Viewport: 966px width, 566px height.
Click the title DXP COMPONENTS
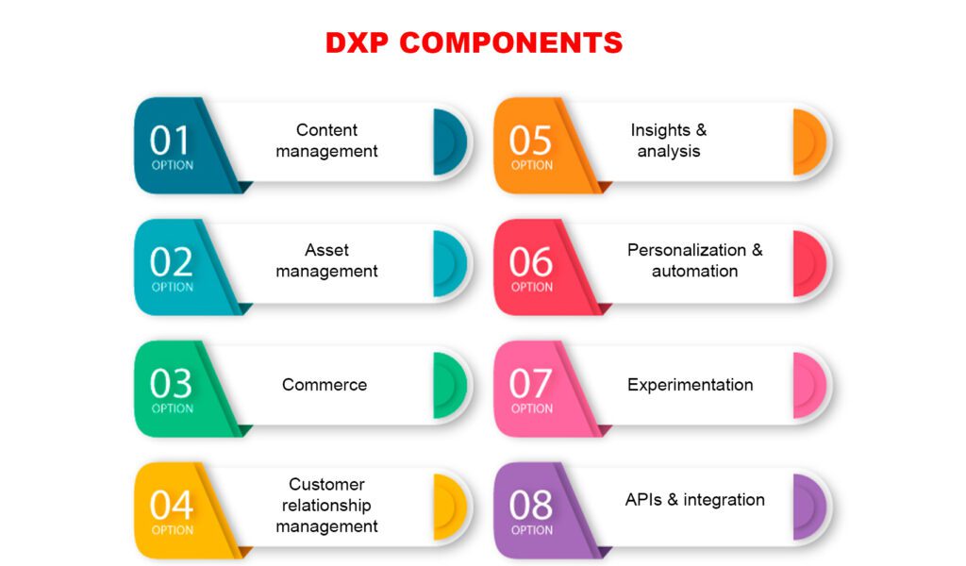coord(474,42)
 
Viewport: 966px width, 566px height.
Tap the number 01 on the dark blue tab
coord(169,141)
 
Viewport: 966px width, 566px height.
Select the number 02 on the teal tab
coord(171,262)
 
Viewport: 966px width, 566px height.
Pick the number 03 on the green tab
coord(171,384)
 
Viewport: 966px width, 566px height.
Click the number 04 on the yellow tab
coord(172,505)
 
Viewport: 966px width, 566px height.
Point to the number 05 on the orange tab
coord(530,141)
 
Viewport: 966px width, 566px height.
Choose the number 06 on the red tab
coord(530,262)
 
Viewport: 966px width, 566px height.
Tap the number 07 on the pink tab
coord(530,384)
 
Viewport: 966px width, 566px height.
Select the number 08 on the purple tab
coord(530,505)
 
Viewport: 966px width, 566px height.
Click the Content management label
coord(326,141)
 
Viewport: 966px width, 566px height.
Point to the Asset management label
coord(326,260)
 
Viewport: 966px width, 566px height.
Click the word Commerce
coord(325,384)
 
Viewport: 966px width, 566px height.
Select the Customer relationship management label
coord(326,505)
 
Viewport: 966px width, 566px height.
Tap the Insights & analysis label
coord(669,141)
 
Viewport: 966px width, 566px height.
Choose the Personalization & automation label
coord(695,260)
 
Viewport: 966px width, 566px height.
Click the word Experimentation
coord(690,385)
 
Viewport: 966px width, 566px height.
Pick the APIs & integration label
coord(695,499)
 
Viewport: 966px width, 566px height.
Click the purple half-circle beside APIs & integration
coord(808,507)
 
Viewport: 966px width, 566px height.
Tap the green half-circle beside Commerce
coord(448,386)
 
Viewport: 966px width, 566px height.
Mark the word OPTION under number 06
coord(532,287)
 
